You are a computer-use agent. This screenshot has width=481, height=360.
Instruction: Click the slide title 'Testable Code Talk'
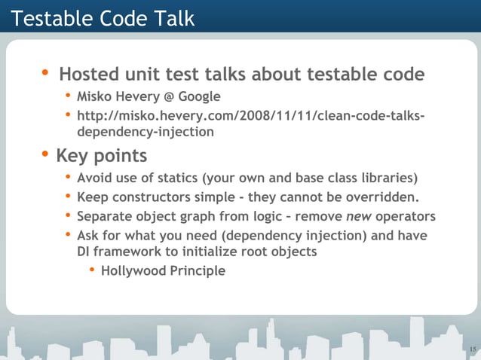pyautogui.click(x=103, y=18)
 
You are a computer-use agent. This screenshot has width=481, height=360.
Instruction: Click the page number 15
pyautogui.click(x=472, y=349)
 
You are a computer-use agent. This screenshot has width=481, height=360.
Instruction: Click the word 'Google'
pyautogui.click(x=199, y=96)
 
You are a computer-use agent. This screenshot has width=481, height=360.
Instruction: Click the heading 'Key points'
pyautogui.click(x=101, y=156)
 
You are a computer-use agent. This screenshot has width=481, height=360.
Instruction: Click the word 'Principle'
pyautogui.click(x=198, y=271)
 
